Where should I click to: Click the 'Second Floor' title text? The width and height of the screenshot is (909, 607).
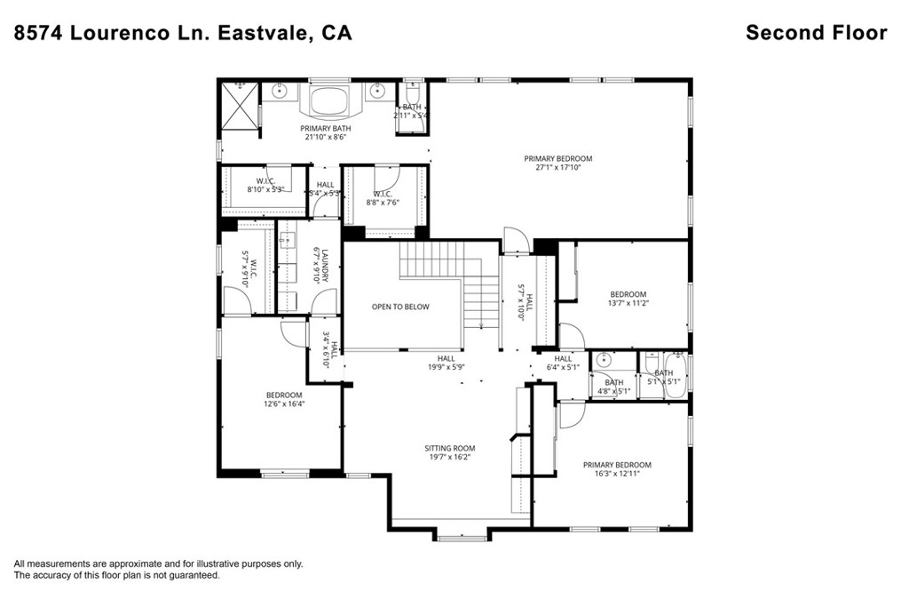point(816,33)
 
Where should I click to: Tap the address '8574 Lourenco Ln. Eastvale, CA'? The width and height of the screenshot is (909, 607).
point(183,33)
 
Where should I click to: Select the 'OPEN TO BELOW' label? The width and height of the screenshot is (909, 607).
point(399,307)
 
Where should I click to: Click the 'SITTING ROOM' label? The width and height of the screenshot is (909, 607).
point(450,449)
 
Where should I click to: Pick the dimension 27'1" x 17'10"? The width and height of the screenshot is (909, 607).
point(557,167)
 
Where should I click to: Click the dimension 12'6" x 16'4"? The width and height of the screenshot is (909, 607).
point(284,403)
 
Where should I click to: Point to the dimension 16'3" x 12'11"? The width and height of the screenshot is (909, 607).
point(617,474)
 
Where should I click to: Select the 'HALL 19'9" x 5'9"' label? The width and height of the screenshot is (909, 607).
point(446,363)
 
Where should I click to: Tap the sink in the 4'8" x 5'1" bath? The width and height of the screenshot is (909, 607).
point(605,361)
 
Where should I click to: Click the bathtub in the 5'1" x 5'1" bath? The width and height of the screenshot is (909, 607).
point(664,374)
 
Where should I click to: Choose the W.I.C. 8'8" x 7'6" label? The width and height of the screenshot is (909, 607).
point(383,197)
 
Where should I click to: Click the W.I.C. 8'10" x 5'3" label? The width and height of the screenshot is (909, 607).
point(265,185)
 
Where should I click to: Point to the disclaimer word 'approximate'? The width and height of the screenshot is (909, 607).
point(143,563)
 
